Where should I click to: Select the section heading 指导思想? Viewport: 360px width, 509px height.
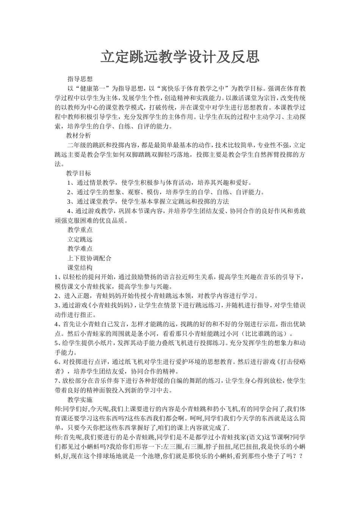[80, 79]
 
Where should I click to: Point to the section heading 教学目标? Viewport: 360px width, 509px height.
[78, 173]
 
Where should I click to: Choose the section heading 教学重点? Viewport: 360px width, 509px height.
[80, 230]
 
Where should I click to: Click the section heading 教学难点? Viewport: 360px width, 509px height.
[80, 249]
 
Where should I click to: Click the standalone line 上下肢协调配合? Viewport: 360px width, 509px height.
[89, 258]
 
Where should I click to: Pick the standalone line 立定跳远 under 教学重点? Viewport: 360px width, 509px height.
[80, 239]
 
